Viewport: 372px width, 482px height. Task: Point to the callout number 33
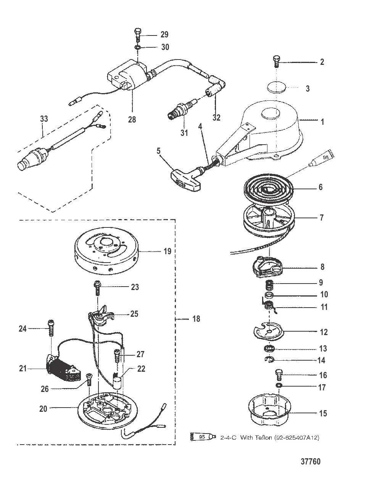44,119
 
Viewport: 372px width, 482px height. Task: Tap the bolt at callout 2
276,61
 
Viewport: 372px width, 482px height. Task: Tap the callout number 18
196,319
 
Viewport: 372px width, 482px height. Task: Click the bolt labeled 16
279,375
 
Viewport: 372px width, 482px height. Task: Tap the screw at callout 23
98,288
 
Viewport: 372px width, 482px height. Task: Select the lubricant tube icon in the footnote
203,437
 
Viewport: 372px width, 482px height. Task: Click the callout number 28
132,119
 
